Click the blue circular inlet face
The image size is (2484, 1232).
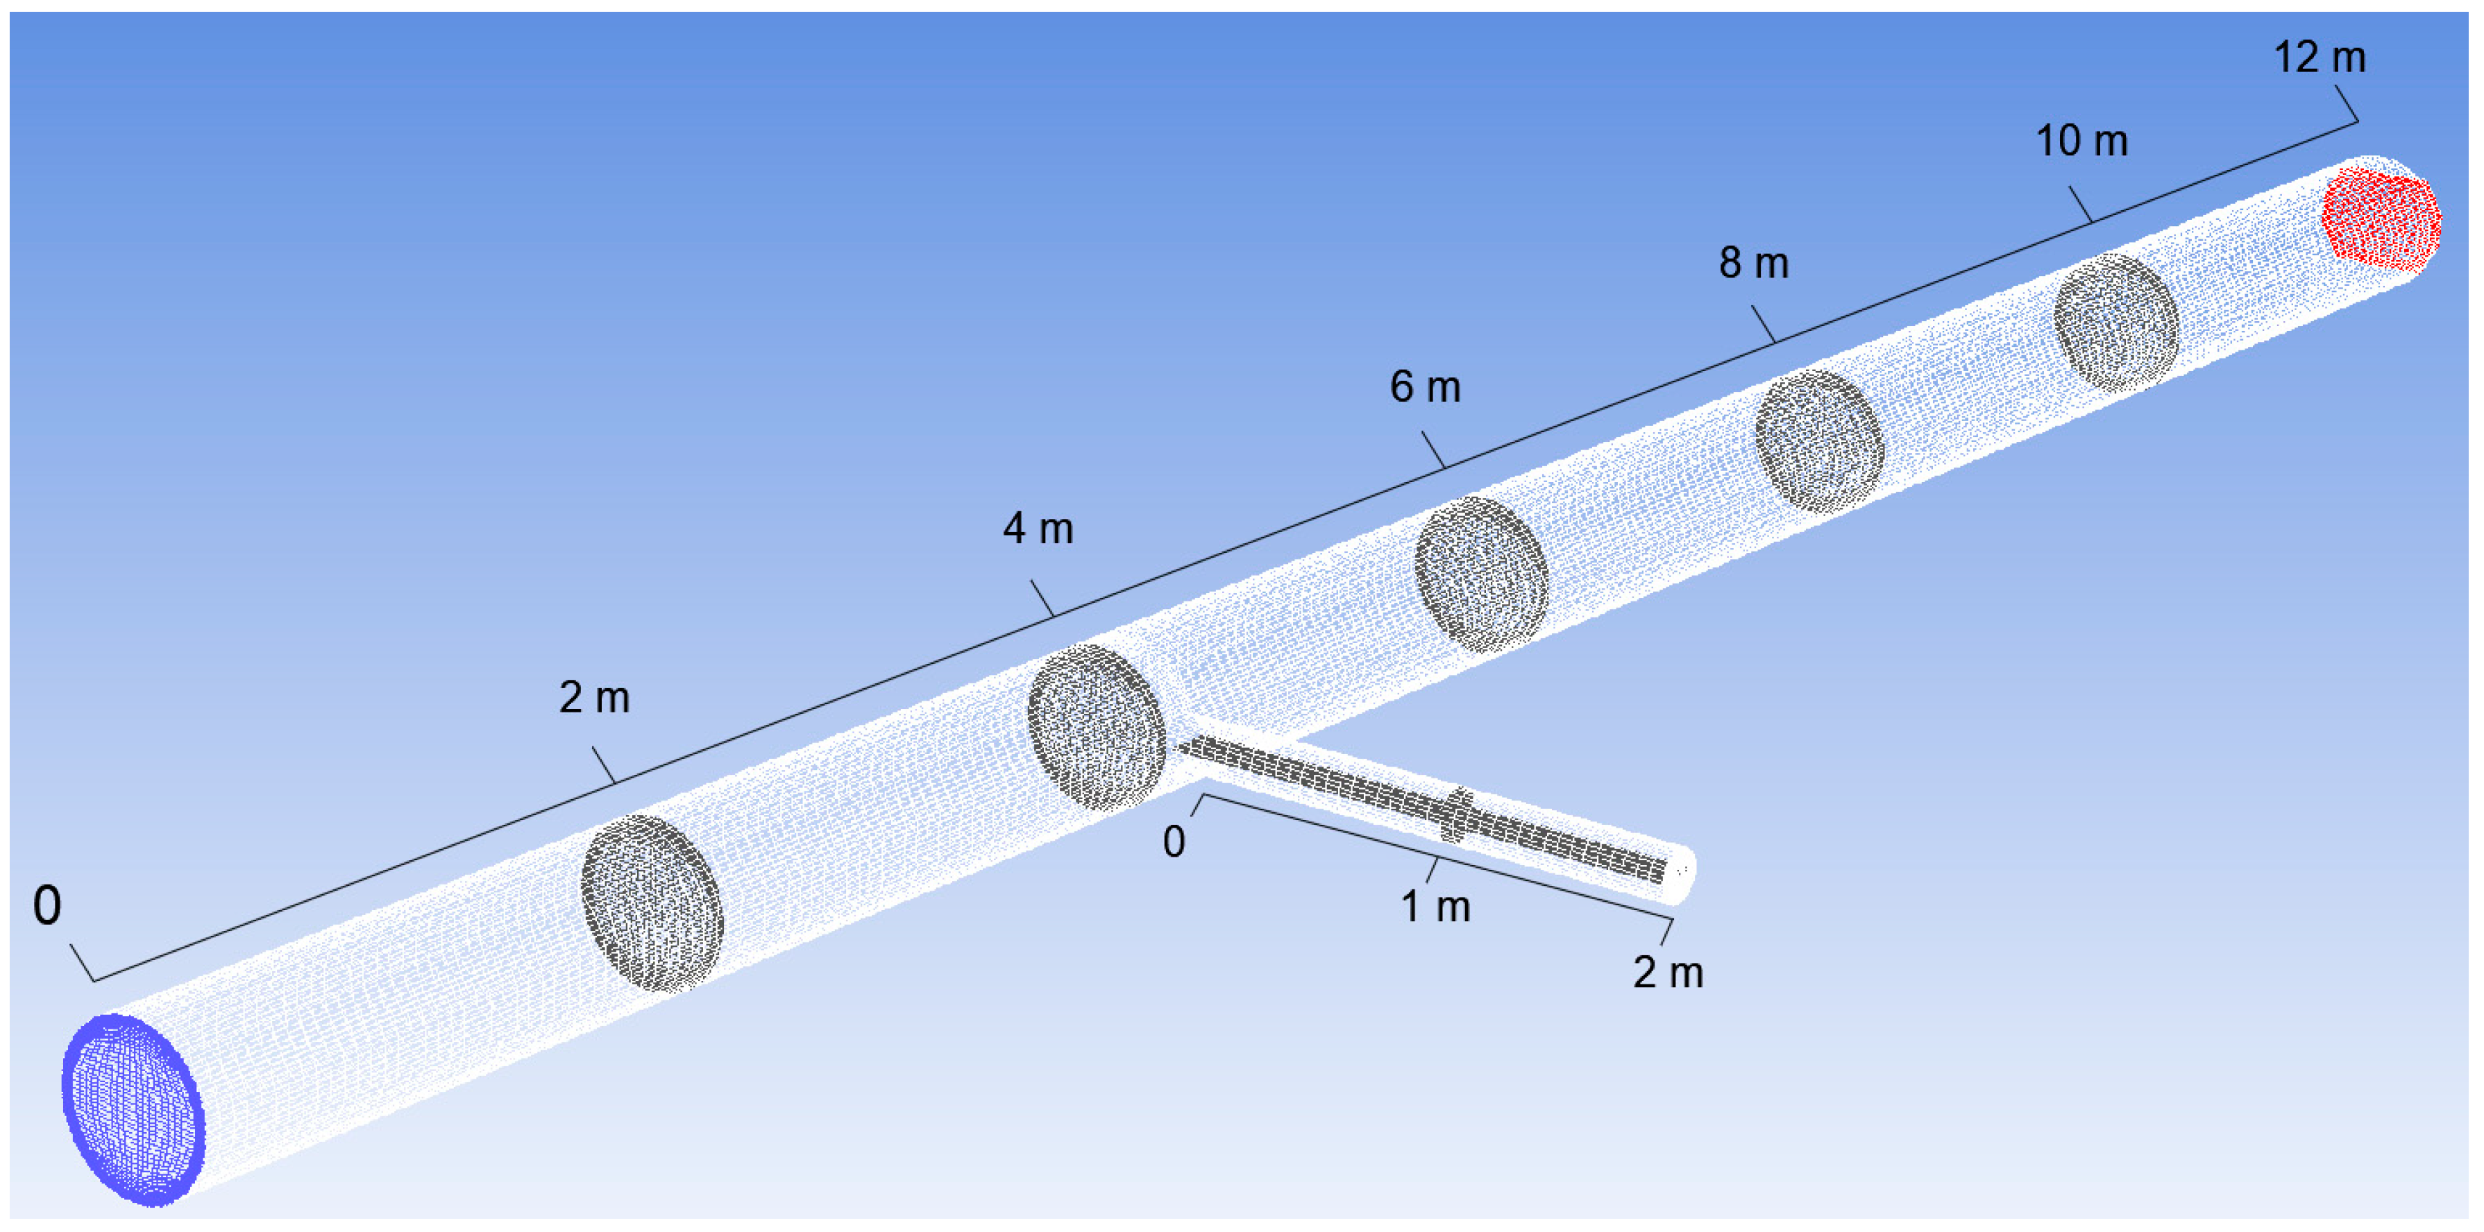(133, 1109)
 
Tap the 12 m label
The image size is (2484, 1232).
(2319, 58)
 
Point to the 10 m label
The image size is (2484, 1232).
(2081, 142)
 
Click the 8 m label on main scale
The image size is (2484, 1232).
(1753, 263)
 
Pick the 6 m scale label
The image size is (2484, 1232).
(1424, 388)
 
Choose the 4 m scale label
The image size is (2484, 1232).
(1038, 529)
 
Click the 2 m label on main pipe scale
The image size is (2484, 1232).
(594, 698)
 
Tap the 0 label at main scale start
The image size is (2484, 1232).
(47, 906)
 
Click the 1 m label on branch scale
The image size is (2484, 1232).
(1434, 907)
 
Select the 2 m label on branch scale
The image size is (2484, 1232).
(1667, 973)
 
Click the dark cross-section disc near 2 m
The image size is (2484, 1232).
(652, 903)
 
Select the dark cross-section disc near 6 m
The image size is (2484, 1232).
(1481, 574)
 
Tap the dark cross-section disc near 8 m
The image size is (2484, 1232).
(1818, 441)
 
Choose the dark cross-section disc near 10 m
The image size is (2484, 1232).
(2115, 322)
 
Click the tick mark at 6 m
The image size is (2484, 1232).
(1433, 450)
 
